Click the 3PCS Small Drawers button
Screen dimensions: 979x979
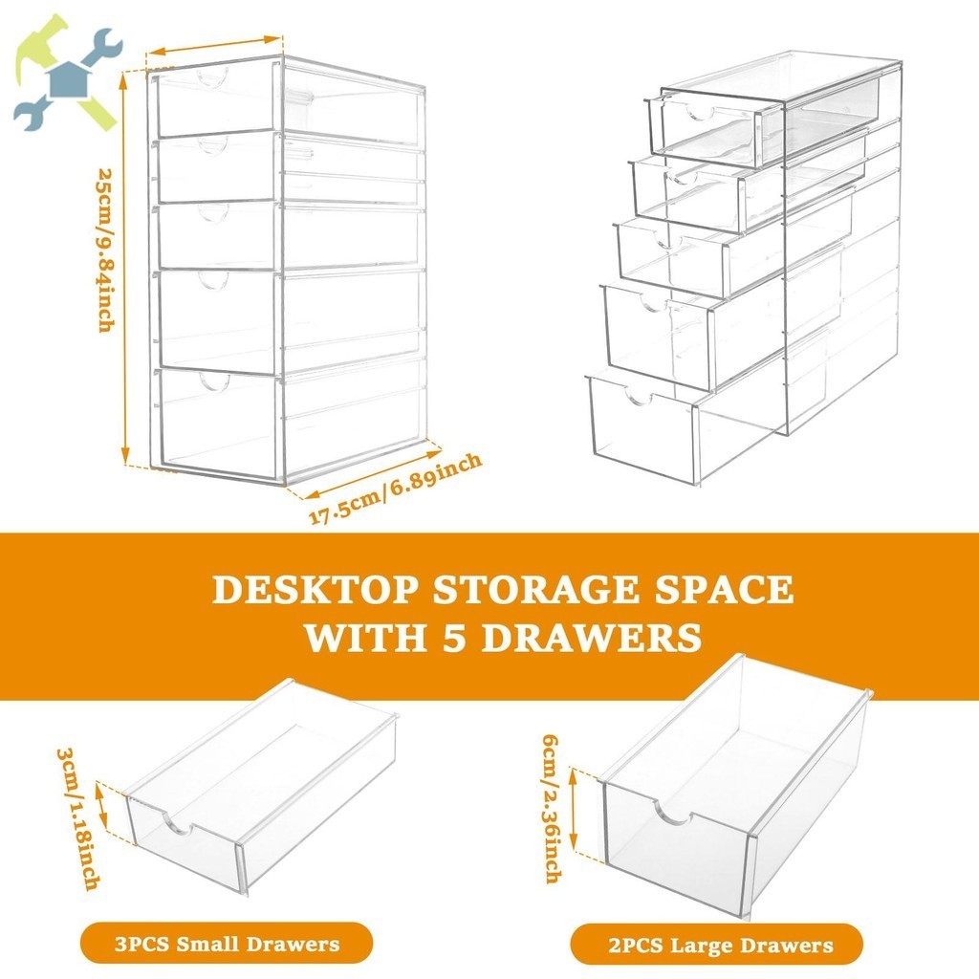227,945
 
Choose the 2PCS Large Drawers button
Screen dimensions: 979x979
720,946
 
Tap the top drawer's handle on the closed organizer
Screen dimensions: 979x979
212,76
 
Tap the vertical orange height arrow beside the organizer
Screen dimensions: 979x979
124,268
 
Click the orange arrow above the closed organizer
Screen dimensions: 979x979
215,47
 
